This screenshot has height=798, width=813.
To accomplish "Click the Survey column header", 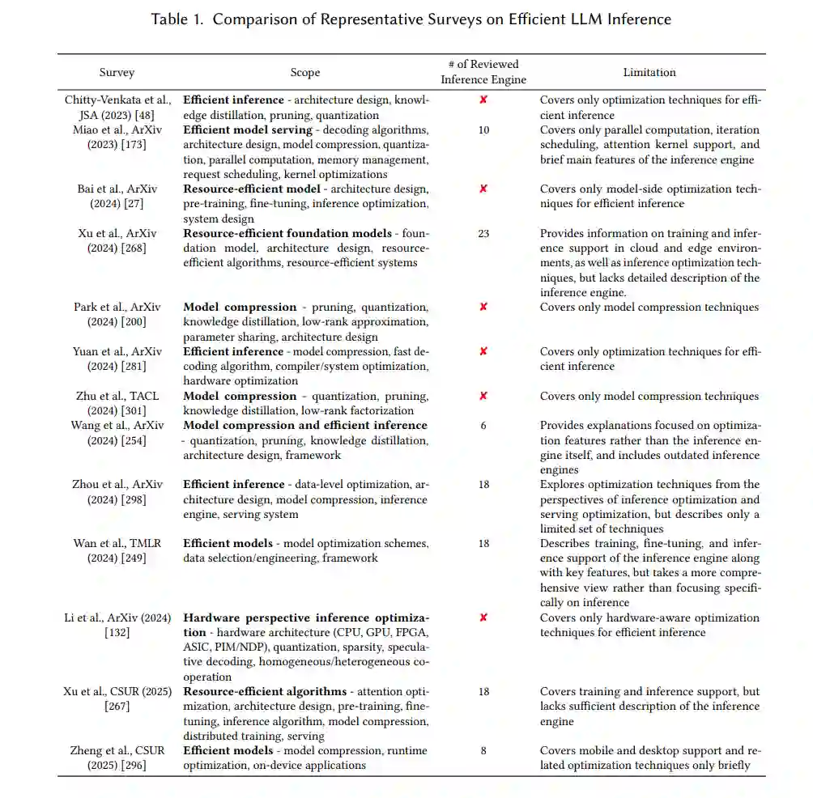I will coord(117,73).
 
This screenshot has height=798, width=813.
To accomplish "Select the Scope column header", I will coord(305,73).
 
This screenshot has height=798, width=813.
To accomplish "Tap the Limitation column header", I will coord(649,73).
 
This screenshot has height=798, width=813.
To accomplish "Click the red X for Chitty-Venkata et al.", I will coord(483,100).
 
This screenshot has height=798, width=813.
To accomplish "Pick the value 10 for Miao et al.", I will coord(483,130).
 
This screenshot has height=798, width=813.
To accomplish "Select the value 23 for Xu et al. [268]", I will coord(483,234).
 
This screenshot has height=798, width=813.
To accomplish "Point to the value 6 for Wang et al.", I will coord(483,426).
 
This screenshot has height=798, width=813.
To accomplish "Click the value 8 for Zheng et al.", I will coord(483,751).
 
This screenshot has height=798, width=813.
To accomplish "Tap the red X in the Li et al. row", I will coord(483,618).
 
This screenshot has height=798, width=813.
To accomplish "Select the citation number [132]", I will coord(117,633).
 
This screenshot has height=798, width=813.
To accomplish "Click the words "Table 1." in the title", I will coord(178,19).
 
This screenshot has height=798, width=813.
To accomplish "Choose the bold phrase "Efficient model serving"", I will coord(248,130).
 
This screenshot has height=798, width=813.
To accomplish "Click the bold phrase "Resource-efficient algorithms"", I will coord(265,692).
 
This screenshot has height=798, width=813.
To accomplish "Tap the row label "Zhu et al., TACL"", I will coord(117,397).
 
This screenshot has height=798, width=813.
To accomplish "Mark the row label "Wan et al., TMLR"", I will coord(117,544).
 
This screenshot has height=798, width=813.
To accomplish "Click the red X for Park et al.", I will coord(483,308).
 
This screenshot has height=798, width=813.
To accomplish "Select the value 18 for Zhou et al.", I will coord(483,485).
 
